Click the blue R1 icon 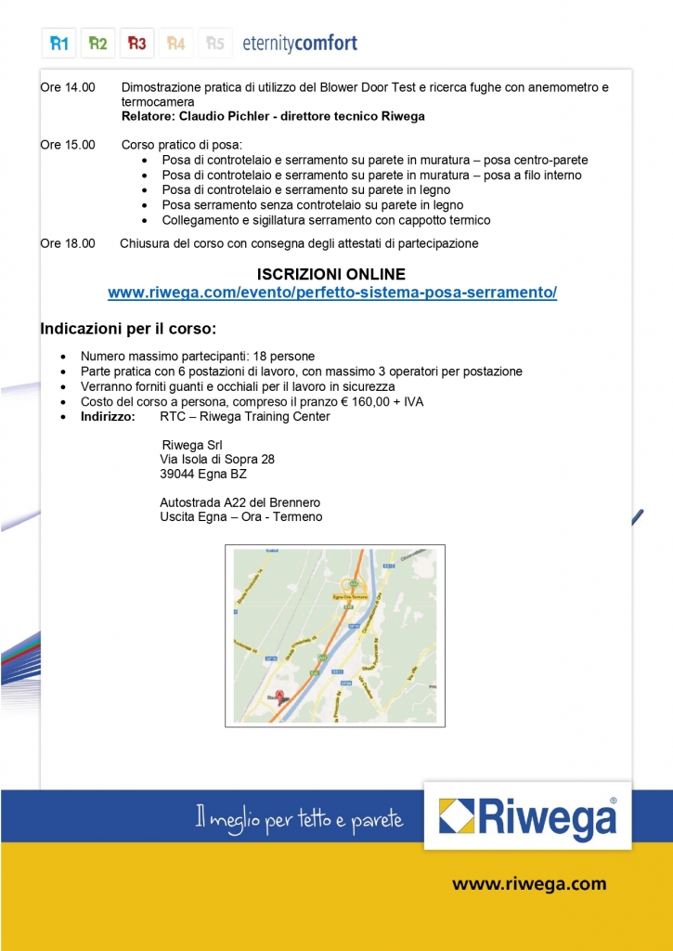58,43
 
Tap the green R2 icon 98,43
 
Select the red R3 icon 136,43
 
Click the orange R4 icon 175,43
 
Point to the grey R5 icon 214,43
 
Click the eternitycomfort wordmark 299,43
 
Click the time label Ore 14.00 68,88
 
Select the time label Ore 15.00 68,146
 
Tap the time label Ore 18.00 68,243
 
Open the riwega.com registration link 331,293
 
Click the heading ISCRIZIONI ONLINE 331,274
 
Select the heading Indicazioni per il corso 128,329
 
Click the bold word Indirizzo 108,416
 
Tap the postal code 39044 176,474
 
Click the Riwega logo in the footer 527,817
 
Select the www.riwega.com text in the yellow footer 529,884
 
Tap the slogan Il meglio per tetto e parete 299,819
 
